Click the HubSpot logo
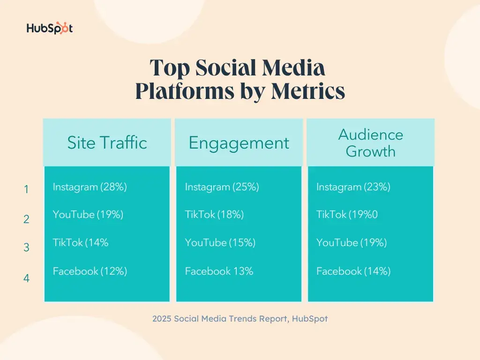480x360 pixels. [x=50, y=28]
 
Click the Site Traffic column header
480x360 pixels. [x=107, y=142]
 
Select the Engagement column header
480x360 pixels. [x=239, y=143]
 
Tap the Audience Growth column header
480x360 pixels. [x=370, y=143]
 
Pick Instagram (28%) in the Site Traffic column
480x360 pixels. [x=90, y=187]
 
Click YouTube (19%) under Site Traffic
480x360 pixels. [x=88, y=215]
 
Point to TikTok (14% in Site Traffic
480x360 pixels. [x=81, y=243]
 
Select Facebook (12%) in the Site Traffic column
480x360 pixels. [x=90, y=271]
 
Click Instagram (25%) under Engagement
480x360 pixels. [x=222, y=187]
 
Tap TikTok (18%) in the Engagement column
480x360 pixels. [x=214, y=215]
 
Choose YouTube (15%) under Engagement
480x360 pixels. [x=220, y=243]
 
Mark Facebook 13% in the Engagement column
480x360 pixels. [x=219, y=271]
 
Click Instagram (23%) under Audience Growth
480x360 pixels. [x=353, y=187]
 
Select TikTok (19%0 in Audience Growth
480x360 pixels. [x=347, y=215]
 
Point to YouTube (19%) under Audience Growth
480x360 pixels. [x=351, y=243]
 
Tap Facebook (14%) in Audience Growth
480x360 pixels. [x=353, y=271]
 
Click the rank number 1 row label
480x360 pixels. [x=26, y=190]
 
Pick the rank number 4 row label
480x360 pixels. [x=26, y=278]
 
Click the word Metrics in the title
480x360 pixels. [x=307, y=91]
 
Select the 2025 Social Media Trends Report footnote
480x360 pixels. [x=240, y=319]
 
